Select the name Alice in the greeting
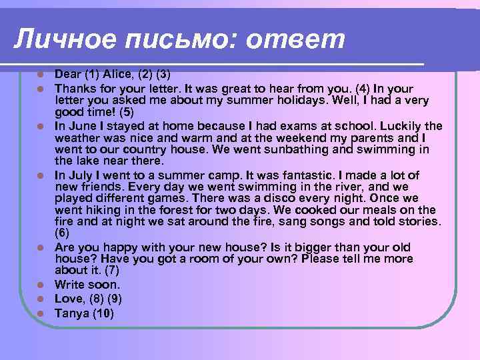click(118, 75)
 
